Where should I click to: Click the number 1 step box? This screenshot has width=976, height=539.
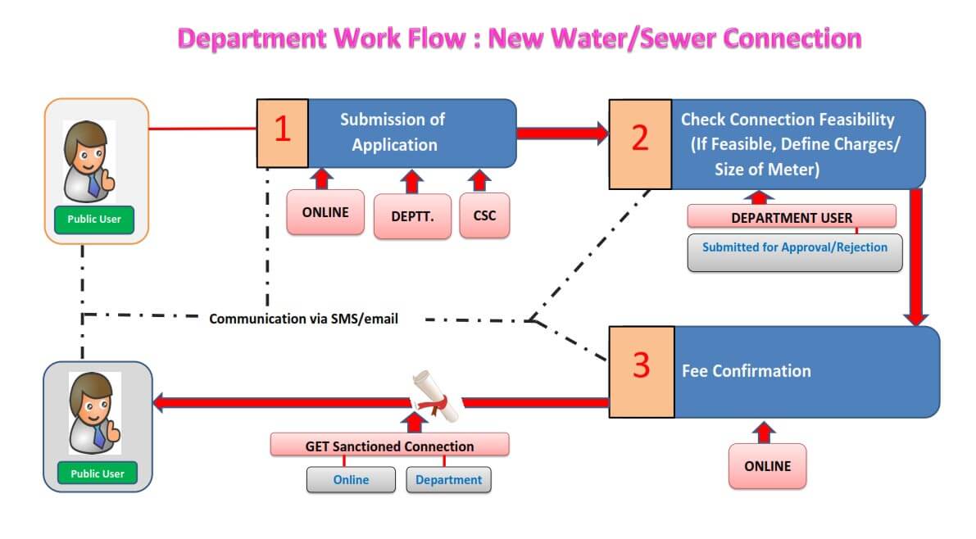(283, 132)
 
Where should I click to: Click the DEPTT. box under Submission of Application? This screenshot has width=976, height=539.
(412, 216)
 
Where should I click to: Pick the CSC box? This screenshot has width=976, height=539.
(484, 215)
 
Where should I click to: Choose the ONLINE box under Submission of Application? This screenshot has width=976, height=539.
(325, 212)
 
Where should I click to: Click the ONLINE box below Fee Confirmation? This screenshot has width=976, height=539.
(767, 466)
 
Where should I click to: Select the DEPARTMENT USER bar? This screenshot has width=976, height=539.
(791, 217)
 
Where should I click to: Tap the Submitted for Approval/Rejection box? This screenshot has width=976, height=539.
(794, 247)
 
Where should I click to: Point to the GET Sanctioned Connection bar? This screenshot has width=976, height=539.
(389, 446)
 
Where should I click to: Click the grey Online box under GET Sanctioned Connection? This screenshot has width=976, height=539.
(351, 480)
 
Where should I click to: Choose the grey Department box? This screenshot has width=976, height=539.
(448, 480)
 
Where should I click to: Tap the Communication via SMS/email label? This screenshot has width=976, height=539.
(303, 319)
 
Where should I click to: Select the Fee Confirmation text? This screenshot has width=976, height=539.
(746, 371)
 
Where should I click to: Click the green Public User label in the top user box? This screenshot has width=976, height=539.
(94, 219)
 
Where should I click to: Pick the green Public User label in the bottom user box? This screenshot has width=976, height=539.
(97, 473)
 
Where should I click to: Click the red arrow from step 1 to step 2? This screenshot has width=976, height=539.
(562, 132)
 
